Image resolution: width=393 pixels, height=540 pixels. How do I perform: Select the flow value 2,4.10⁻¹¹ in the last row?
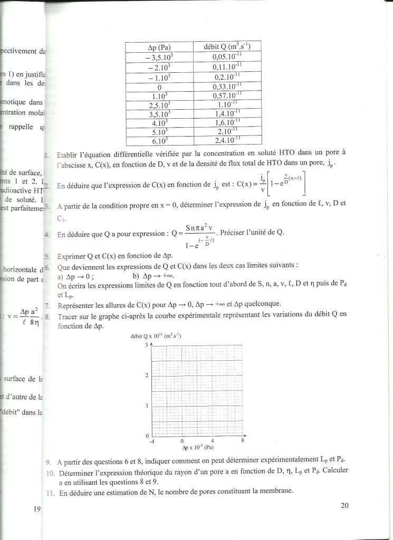228,141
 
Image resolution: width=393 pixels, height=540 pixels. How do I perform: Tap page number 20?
345,505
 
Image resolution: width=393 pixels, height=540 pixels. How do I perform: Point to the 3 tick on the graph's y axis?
147,345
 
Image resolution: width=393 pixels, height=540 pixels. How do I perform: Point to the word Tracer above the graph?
69,314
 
